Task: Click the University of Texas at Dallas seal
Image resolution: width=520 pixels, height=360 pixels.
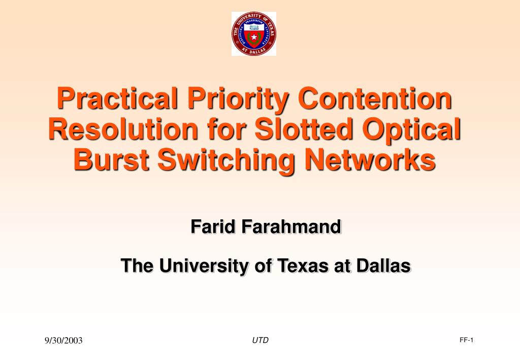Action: (x=254, y=34)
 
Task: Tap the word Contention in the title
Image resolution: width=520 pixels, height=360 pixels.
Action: (x=375, y=99)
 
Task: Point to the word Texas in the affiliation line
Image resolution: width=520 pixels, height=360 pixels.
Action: (x=303, y=265)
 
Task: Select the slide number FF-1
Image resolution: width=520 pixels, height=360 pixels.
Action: (x=466, y=340)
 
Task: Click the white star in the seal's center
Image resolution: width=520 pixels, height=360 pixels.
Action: (x=254, y=37)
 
